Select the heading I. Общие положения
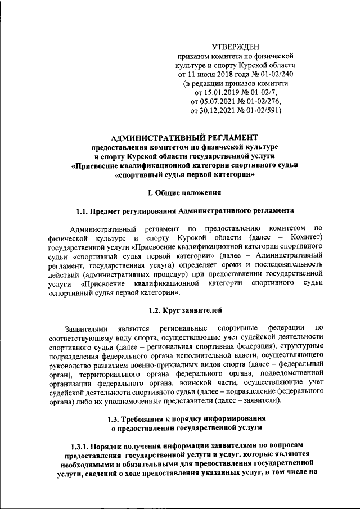click(184, 192)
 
